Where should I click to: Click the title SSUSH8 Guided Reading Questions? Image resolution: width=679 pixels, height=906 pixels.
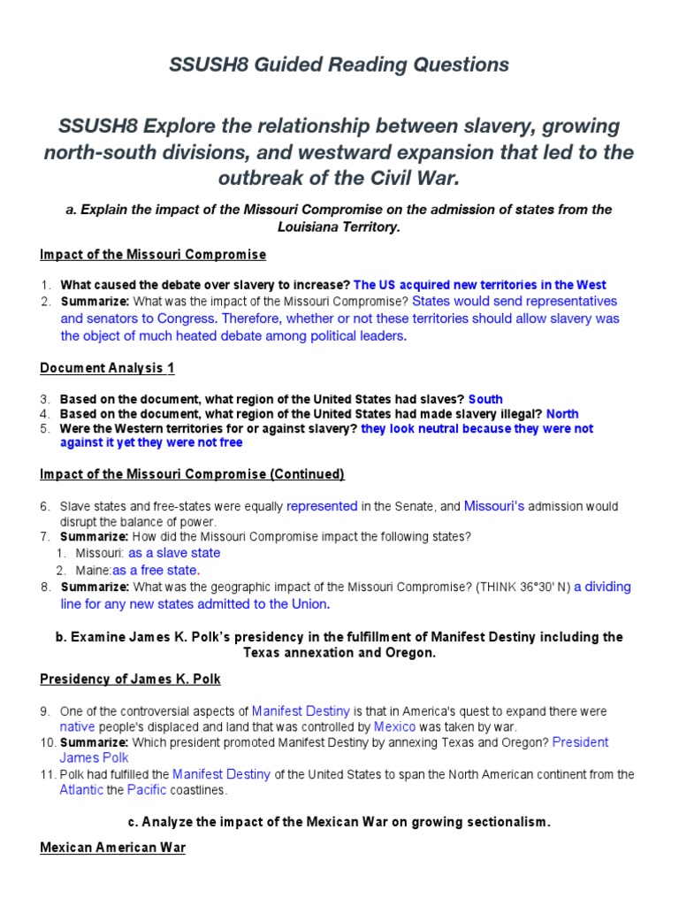[x=339, y=65]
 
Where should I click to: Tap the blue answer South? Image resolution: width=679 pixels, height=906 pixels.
[x=485, y=399]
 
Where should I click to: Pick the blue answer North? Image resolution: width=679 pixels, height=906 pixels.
[x=562, y=413]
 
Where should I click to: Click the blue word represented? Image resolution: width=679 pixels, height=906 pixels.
[x=322, y=506]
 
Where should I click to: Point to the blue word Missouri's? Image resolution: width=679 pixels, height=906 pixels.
[x=494, y=506]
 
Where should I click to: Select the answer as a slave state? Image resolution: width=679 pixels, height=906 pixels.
[x=174, y=553]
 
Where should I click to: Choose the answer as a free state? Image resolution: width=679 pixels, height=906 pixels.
[x=156, y=570]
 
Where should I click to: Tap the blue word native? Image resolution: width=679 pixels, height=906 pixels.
[x=77, y=726]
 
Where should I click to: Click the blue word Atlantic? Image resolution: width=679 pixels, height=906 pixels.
[x=81, y=790]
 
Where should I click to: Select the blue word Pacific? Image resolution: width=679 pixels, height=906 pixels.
[x=147, y=790]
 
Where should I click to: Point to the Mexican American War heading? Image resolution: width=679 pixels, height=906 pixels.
[x=112, y=848]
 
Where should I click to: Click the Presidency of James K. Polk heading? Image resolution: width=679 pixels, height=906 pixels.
[x=130, y=679]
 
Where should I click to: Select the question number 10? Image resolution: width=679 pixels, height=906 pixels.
[x=49, y=742]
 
